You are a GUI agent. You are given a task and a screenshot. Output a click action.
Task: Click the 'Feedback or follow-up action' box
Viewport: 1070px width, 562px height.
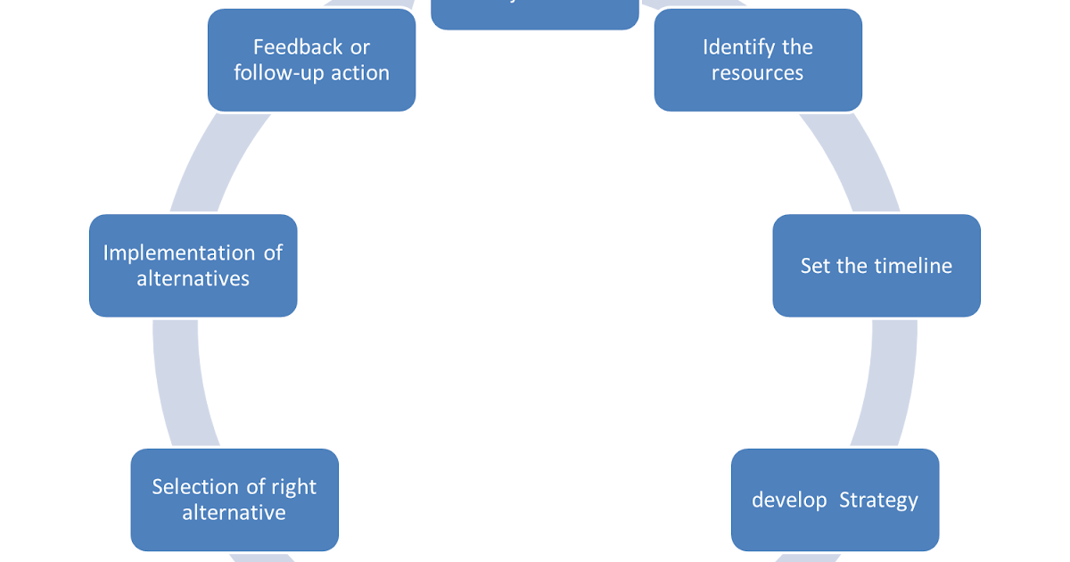click(311, 60)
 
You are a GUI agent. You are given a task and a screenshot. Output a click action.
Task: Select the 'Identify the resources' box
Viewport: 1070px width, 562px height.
click(758, 60)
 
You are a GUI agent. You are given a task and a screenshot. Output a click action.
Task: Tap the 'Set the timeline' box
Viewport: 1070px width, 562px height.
click(877, 266)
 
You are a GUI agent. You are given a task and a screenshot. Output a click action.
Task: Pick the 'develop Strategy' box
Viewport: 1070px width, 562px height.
click(835, 500)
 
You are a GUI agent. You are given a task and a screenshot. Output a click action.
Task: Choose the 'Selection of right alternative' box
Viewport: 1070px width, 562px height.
click(235, 500)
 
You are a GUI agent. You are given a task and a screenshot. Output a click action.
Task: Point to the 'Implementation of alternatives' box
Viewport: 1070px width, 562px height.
click(193, 266)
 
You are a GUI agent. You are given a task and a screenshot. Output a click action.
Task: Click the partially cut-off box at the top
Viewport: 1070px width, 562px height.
click(534, 14)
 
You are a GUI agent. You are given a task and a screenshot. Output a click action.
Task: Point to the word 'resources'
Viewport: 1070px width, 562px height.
click(758, 73)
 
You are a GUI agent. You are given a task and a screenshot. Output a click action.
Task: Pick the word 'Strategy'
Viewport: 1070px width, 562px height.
click(878, 500)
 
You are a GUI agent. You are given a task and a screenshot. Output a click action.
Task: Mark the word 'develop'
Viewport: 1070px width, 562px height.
click(789, 500)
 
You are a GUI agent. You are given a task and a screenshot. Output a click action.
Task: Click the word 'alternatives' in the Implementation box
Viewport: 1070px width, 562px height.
click(193, 278)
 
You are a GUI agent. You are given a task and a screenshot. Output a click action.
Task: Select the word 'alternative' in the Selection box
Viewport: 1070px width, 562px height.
click(235, 513)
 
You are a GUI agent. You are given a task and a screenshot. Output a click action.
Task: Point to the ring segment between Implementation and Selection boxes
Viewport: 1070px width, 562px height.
click(176, 384)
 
